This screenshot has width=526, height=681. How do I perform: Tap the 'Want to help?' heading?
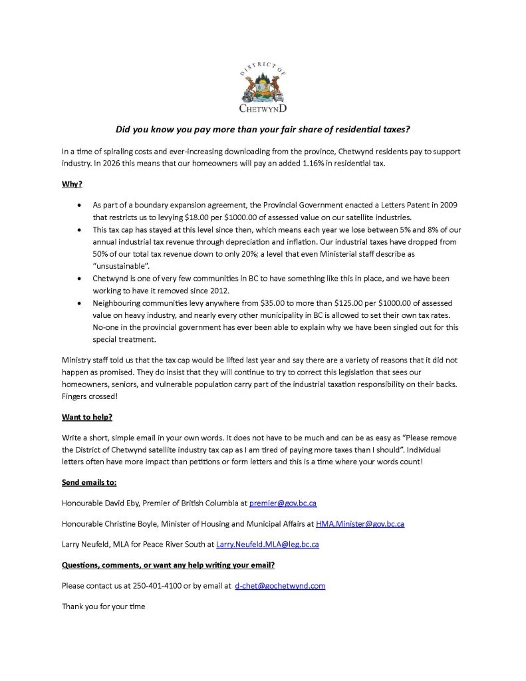(87, 417)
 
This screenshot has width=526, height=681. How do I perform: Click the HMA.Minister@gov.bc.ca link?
(360, 523)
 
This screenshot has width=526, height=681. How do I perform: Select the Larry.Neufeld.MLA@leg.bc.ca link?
(267, 545)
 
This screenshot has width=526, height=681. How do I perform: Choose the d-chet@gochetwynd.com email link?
(280, 586)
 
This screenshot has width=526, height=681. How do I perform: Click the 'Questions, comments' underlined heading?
(168, 565)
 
